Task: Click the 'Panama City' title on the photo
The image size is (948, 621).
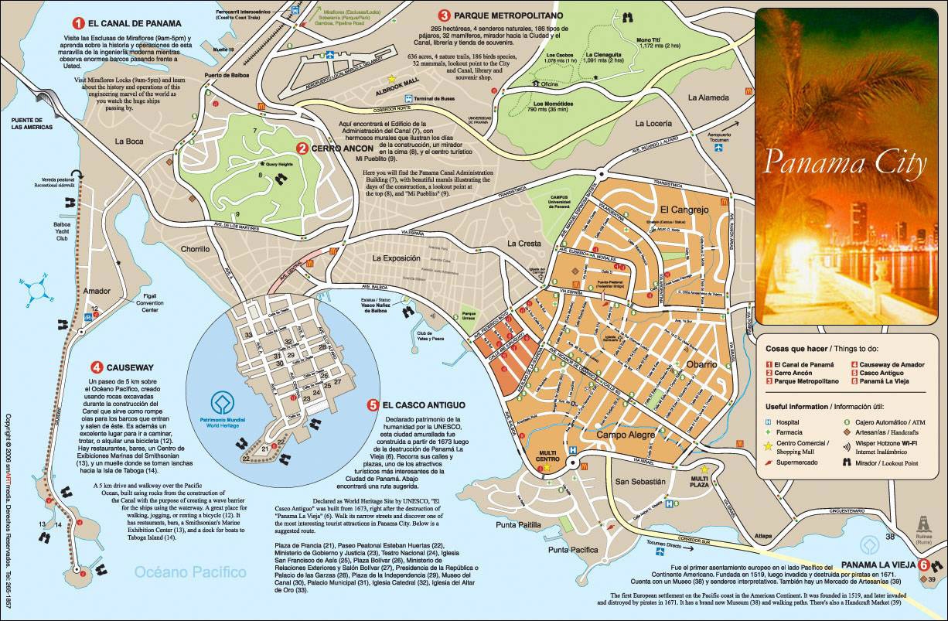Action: tap(844, 163)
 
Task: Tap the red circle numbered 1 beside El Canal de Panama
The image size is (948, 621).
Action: tap(77, 23)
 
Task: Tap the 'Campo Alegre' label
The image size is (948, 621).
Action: tap(625, 435)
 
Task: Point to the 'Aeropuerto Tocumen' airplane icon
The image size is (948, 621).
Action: tap(720, 147)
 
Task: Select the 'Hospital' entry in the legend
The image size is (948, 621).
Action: tap(790, 422)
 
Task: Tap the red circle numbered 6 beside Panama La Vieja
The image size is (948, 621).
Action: tap(923, 565)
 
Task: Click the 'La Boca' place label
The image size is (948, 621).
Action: tap(128, 142)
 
